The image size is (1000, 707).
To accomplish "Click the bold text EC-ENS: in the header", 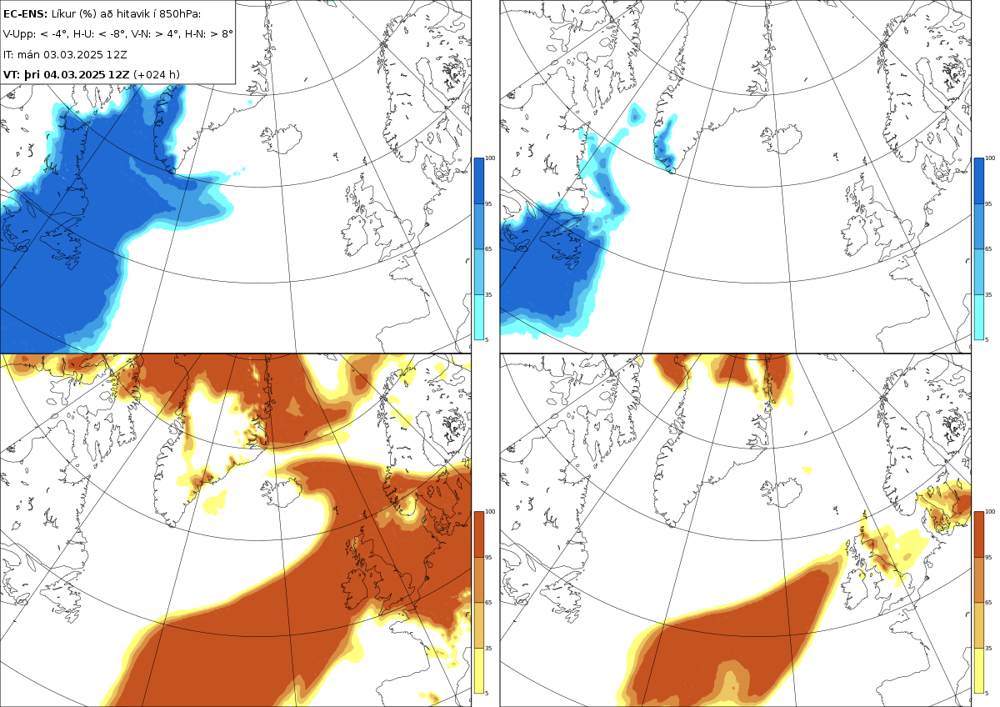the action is [25, 14].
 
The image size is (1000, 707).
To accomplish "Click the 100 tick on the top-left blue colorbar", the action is [490, 158].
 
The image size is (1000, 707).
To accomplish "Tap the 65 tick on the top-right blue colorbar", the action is [988, 248].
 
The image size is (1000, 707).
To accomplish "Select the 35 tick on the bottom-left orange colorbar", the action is [488, 648].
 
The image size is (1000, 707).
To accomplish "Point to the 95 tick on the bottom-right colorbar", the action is [988, 558].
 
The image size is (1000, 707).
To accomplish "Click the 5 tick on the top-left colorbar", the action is [487, 340].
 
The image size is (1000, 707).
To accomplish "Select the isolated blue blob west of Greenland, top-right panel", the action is [636, 114].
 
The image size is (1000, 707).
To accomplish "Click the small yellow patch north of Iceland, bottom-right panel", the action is [807, 470].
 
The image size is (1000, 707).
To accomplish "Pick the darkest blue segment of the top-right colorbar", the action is [978, 181].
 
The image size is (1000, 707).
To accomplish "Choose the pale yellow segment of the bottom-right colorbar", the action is [978, 670].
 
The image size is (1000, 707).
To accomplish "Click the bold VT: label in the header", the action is [12, 74].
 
